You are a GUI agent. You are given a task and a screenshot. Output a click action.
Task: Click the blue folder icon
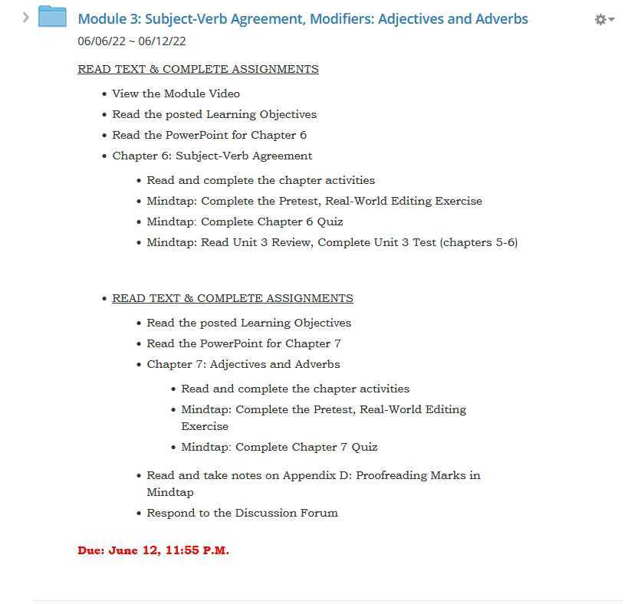[53, 17]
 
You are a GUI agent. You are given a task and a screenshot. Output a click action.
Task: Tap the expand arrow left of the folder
[25, 16]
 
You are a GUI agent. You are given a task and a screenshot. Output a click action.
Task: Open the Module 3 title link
[303, 18]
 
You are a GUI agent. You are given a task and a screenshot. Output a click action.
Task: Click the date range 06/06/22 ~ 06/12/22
[132, 41]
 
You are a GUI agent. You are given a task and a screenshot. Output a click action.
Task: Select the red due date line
[153, 550]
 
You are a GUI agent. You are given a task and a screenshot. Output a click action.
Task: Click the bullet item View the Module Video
[176, 94]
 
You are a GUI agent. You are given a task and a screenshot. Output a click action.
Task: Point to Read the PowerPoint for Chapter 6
[209, 135]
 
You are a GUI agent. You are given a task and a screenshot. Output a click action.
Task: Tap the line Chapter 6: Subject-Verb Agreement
[212, 156]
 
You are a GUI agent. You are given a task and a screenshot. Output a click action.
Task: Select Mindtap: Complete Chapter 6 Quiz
[245, 222]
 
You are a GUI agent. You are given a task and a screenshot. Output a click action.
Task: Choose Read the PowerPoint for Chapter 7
[244, 343]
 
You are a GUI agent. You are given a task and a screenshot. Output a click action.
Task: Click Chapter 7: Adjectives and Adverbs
[243, 364]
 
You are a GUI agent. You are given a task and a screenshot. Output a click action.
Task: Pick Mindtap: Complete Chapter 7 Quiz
[279, 447]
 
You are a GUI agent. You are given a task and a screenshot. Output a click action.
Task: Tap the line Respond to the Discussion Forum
[242, 513]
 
